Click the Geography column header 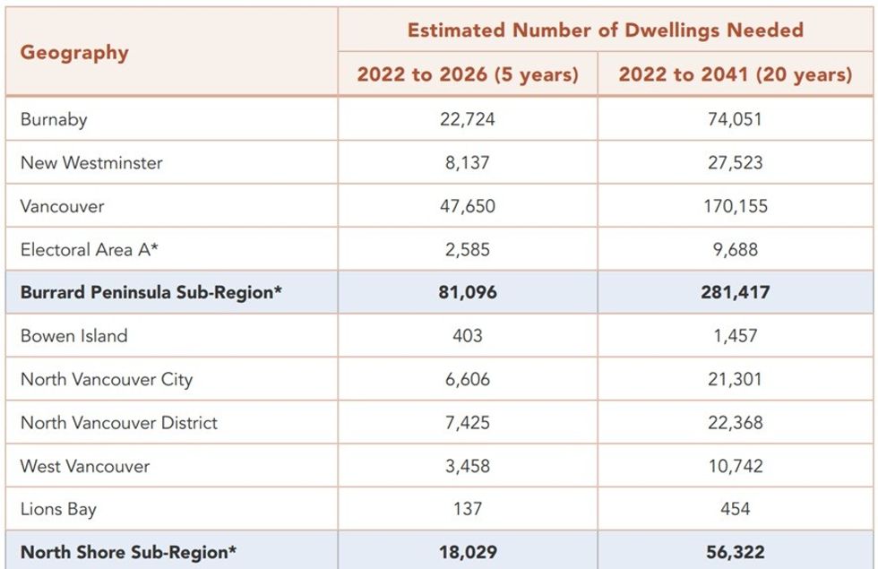pyautogui.click(x=74, y=52)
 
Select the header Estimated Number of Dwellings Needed pyautogui.click(x=605, y=30)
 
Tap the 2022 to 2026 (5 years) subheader pyautogui.click(x=467, y=74)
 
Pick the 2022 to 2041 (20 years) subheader pyautogui.click(x=735, y=74)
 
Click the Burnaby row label pyautogui.click(x=54, y=119)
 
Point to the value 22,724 pyautogui.click(x=467, y=119)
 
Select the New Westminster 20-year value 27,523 pyautogui.click(x=735, y=163)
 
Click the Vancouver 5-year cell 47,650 pyautogui.click(x=467, y=206)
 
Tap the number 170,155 pyautogui.click(x=735, y=206)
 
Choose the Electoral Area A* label pyautogui.click(x=90, y=250)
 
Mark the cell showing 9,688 pyautogui.click(x=735, y=250)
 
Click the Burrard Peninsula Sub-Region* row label pyautogui.click(x=151, y=292)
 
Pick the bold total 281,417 pyautogui.click(x=735, y=292)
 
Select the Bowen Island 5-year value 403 pyautogui.click(x=467, y=336)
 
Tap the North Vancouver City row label pyautogui.click(x=107, y=379)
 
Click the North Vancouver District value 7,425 pyautogui.click(x=467, y=422)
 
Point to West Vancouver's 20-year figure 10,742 pyautogui.click(x=735, y=466)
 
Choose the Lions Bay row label pyautogui.click(x=58, y=509)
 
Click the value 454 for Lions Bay pyautogui.click(x=735, y=509)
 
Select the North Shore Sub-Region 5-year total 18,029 pyautogui.click(x=467, y=552)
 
